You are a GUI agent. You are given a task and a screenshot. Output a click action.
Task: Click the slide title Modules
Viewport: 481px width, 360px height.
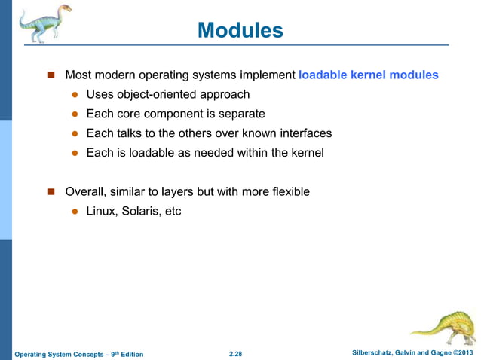tap(240, 31)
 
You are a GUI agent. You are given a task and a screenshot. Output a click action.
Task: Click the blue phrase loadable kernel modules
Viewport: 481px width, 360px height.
tap(368, 75)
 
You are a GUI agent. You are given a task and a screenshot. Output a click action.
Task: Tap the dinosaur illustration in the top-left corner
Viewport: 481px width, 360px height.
tap(44, 23)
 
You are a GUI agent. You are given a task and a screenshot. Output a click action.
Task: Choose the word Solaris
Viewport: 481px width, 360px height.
tap(143, 212)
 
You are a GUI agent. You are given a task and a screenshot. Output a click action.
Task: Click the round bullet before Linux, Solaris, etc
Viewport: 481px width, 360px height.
tap(75, 212)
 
